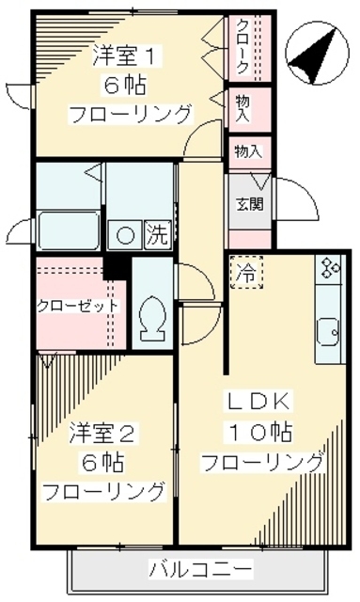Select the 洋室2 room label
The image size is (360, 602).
pos(104,434)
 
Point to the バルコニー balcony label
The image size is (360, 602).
pos(201,569)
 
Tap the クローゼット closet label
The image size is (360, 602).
pos(79,306)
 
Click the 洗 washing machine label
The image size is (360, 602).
pos(155,235)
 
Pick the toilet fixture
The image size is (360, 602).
pos(150,319)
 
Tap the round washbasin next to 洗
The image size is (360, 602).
pos(125,235)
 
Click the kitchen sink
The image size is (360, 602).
pos(328,331)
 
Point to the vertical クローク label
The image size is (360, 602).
pos(243,47)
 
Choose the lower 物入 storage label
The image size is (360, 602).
pos(247,150)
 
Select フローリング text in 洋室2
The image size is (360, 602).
pos(104,491)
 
